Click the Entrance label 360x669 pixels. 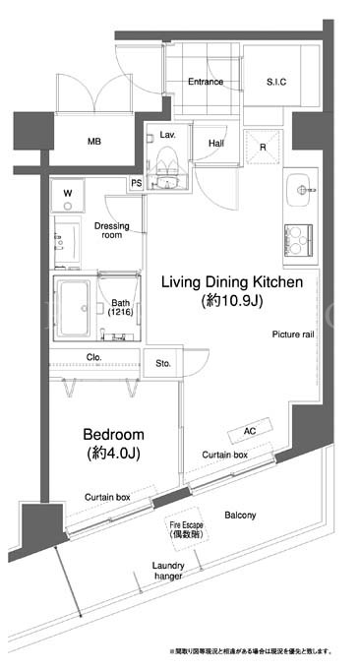(x=206, y=82)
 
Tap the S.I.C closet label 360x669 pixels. (x=276, y=82)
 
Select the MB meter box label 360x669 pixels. (x=94, y=142)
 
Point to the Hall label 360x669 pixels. (x=216, y=144)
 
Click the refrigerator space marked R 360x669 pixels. (x=264, y=148)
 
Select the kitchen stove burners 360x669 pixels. (x=298, y=239)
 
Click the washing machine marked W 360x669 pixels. (x=68, y=196)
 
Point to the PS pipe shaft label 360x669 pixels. (x=136, y=184)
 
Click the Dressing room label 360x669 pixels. (x=112, y=230)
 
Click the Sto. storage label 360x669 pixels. (x=163, y=363)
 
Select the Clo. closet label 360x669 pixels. (x=93, y=357)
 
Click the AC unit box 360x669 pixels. (x=250, y=431)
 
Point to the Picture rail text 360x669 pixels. (x=293, y=334)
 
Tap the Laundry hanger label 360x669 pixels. (x=168, y=571)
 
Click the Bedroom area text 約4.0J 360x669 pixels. (x=113, y=454)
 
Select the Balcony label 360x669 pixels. (x=240, y=516)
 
